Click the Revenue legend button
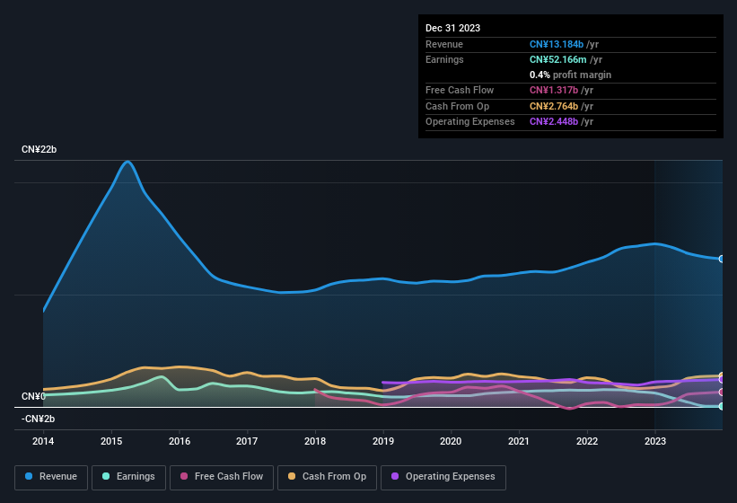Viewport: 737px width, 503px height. point(52,477)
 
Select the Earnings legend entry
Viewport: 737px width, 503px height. point(127,477)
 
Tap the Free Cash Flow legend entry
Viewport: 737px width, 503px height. point(222,477)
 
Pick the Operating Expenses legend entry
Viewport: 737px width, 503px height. point(443,477)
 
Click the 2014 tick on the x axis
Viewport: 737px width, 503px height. point(43,441)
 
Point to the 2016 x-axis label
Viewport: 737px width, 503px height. point(180,441)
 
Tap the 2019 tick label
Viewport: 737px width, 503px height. point(383,441)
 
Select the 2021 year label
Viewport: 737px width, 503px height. point(519,441)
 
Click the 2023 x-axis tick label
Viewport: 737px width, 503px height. point(655,441)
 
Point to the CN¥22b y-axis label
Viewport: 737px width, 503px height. point(39,149)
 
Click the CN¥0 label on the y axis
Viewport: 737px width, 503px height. point(33,396)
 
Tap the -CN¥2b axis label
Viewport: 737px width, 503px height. point(38,419)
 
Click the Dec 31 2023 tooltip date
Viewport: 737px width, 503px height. point(452,28)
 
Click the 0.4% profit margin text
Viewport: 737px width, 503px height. point(570,75)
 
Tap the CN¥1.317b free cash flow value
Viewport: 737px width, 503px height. point(556,90)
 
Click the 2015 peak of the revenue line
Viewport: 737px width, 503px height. point(128,162)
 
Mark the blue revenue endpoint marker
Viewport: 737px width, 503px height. point(722,259)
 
